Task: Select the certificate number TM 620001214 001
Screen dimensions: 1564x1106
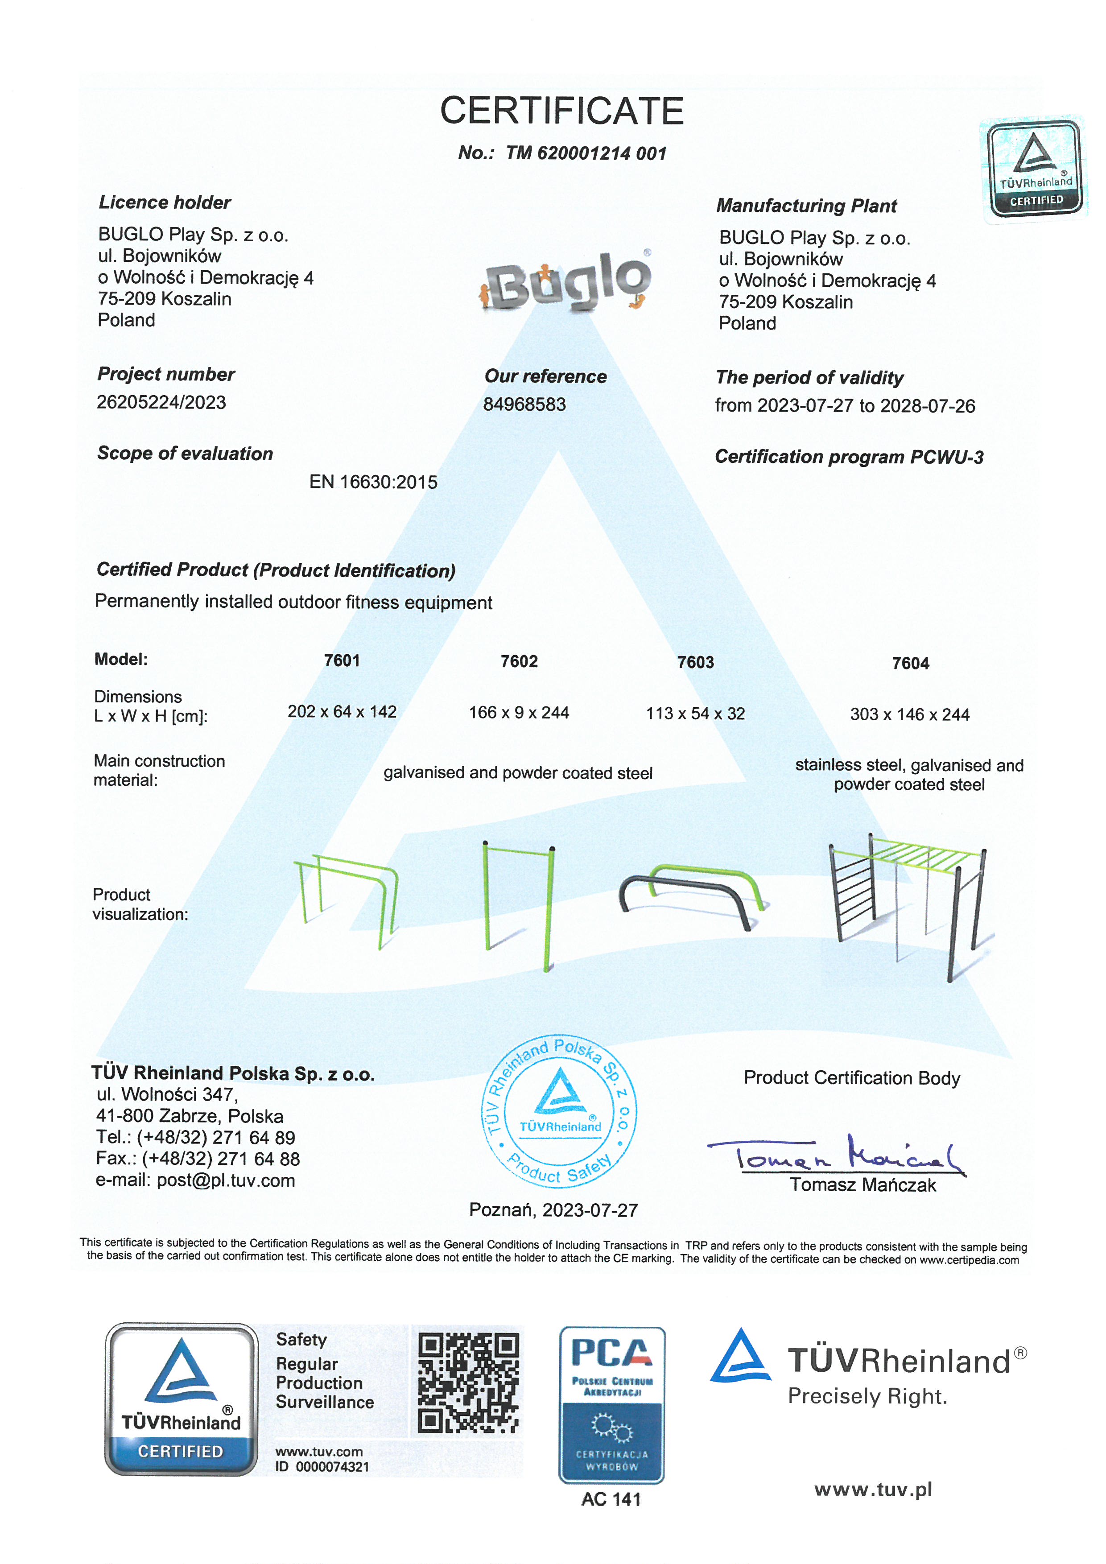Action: click(x=585, y=153)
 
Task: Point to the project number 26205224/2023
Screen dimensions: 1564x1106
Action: click(x=161, y=403)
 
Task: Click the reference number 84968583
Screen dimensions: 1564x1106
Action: click(x=524, y=404)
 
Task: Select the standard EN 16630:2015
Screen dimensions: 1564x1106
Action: click(x=373, y=482)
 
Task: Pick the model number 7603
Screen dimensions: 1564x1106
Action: click(x=695, y=662)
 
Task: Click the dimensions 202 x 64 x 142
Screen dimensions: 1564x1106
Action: click(x=342, y=712)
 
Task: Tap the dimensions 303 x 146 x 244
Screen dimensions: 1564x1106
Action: click(x=909, y=714)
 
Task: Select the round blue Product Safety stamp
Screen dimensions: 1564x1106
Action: click(x=560, y=1112)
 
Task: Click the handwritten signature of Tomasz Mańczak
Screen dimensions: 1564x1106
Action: click(x=838, y=1153)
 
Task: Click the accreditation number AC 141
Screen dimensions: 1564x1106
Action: click(x=611, y=1499)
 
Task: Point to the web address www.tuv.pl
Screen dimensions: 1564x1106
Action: click(x=873, y=1490)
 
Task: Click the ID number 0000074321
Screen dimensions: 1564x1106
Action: click(x=332, y=1467)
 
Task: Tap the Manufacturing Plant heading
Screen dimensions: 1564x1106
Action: click(x=806, y=206)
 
